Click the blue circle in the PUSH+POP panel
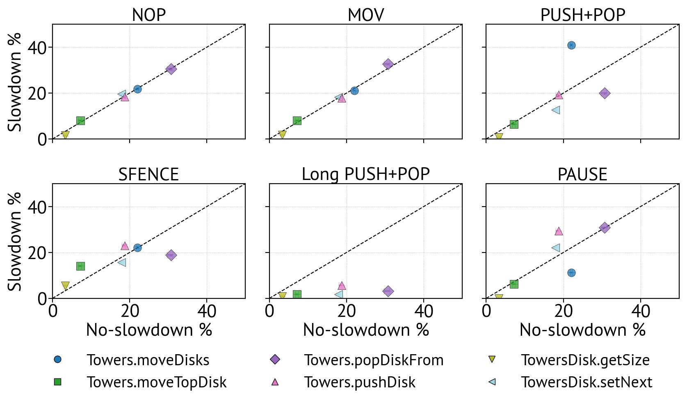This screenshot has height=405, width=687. pyautogui.click(x=571, y=45)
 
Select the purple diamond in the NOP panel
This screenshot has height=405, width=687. pyautogui.click(x=171, y=69)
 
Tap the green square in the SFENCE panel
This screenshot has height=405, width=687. pyautogui.click(x=80, y=266)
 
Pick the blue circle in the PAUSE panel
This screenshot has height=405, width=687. pyautogui.click(x=571, y=273)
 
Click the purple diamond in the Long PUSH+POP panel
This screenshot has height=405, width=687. pyautogui.click(x=388, y=291)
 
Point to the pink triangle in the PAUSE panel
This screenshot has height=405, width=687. pyautogui.click(x=559, y=231)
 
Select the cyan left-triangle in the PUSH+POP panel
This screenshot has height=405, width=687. pyautogui.click(x=556, y=110)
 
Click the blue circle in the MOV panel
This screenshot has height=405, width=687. pyautogui.click(x=354, y=91)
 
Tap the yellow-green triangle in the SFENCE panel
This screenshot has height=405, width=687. pyautogui.click(x=65, y=285)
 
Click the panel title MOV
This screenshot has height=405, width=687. pyautogui.click(x=365, y=15)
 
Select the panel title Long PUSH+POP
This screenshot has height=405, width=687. pyautogui.click(x=365, y=174)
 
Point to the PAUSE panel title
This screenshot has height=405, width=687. pyautogui.click(x=582, y=174)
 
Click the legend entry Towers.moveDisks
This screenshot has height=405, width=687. pyautogui.click(x=148, y=360)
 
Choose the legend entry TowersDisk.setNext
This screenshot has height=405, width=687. pyautogui.click(x=586, y=382)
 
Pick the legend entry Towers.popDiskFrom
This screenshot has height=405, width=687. pyautogui.click(x=374, y=360)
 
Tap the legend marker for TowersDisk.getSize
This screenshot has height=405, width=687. pyautogui.click(x=492, y=359)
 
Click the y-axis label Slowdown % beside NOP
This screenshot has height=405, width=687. pyautogui.click(x=15, y=82)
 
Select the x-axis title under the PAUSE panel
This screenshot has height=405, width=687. pyautogui.click(x=582, y=330)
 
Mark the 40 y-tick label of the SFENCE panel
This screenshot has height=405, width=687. pyautogui.click(x=37, y=207)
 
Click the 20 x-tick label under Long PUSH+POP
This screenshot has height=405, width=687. pyautogui.click(x=347, y=312)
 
